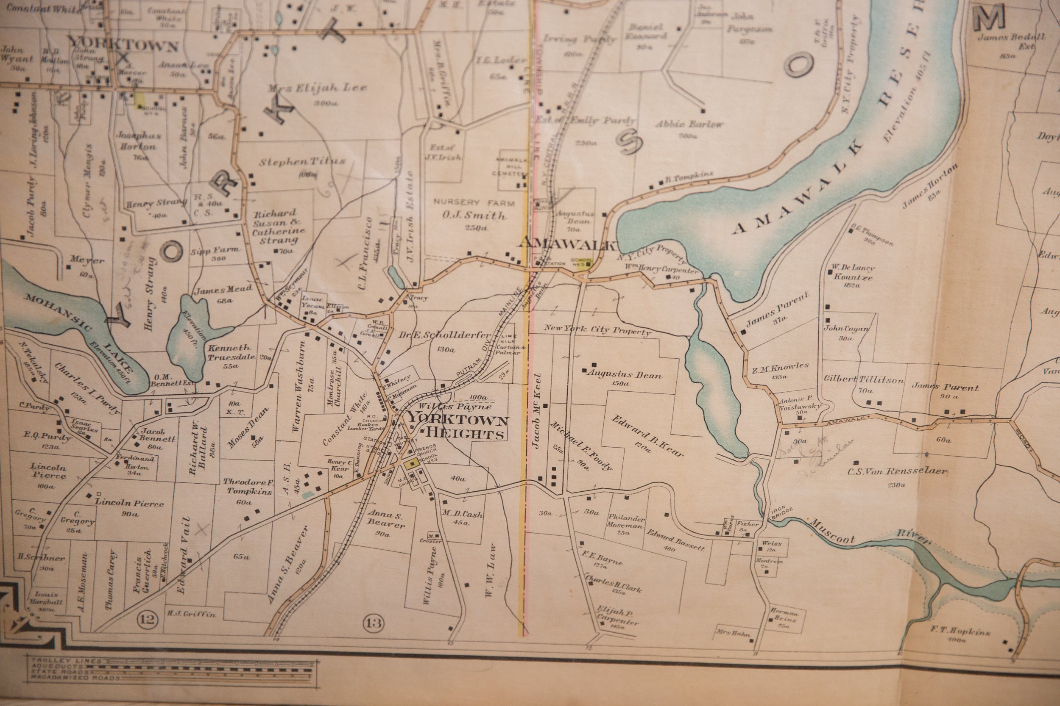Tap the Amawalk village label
coord(567,244)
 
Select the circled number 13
coord(374,623)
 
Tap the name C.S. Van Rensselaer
coord(897,471)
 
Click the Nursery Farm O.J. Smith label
coord(474,210)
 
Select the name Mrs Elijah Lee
coord(317,88)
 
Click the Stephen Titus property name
coord(302,161)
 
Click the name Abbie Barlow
coord(689,124)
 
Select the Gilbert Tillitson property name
coord(864,379)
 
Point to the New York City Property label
coord(597,330)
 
